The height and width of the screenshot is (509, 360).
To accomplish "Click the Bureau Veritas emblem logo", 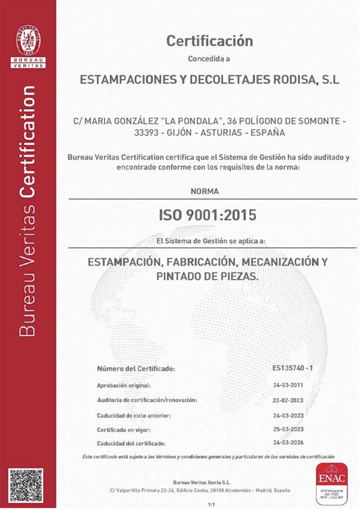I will pyautogui.click(x=28, y=40).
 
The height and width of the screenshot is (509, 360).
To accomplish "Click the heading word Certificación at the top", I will pyautogui.click(x=209, y=41).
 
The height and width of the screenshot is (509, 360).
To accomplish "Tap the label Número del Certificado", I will pyautogui.click(x=136, y=369).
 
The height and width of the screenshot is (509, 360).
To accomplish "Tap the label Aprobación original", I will pyautogui.click(x=124, y=385).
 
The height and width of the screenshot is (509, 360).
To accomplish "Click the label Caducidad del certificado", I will pyautogui.click(x=131, y=443).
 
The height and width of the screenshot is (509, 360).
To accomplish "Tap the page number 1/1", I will pyautogui.click(x=212, y=503).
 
